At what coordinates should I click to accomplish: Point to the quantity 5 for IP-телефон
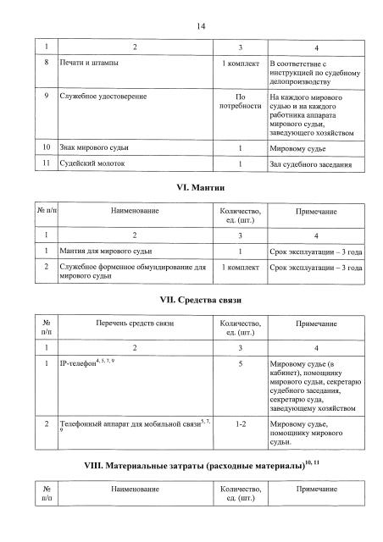pos(241,363)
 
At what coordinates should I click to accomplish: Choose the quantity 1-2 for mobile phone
pos(241,421)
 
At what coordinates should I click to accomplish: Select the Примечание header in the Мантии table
pos(316,212)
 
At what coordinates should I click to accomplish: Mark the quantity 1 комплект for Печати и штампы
pos(241,64)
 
